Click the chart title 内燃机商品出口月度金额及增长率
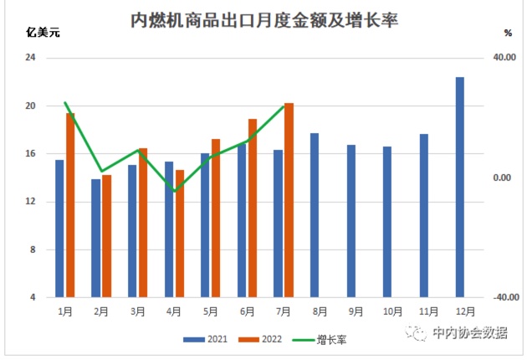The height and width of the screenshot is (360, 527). [x=264, y=20]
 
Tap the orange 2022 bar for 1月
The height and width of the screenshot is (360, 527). [x=70, y=205]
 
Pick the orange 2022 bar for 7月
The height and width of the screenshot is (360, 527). [x=289, y=200]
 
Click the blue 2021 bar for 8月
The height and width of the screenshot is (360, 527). [x=315, y=215]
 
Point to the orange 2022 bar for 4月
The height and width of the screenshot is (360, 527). [x=180, y=234]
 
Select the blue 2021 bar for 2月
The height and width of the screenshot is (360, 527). [x=96, y=238]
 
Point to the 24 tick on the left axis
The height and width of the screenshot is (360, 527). [x=31, y=58]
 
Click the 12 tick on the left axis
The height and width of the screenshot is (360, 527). [x=31, y=202]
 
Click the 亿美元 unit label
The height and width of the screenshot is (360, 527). [x=38, y=34]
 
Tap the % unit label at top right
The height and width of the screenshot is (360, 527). [x=508, y=33]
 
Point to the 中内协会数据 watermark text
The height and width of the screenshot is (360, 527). [x=469, y=332]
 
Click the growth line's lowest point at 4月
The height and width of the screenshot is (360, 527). [x=174, y=192]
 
